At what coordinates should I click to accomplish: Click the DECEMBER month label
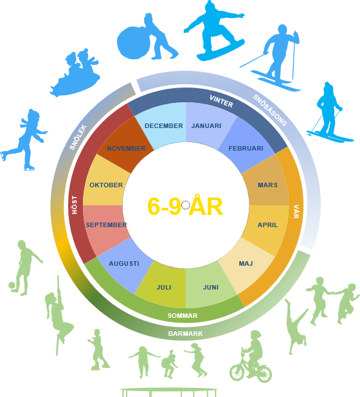164,126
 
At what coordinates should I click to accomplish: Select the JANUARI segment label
206,126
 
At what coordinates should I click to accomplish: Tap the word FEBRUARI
246,149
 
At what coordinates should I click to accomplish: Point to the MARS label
267,185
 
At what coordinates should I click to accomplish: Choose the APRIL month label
267,225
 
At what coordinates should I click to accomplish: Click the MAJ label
246,264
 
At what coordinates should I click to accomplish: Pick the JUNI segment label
211,288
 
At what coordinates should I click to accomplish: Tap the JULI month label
164,288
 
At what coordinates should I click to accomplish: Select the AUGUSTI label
124,264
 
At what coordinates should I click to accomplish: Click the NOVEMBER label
126,149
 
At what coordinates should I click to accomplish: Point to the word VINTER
221,101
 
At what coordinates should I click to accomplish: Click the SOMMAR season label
183,316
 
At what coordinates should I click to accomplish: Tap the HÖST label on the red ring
75,205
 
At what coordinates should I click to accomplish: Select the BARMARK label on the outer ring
185,334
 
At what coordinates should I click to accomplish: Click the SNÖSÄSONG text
270,111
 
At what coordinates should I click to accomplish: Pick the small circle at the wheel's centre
185,205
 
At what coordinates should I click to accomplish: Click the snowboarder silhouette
214,31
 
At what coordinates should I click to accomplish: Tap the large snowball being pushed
133,42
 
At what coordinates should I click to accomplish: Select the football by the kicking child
12,286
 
